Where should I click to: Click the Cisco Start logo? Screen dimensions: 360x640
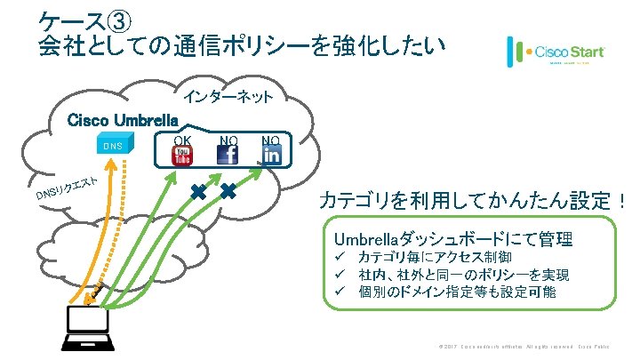click(556, 53)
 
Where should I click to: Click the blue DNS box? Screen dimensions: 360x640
click(113, 145)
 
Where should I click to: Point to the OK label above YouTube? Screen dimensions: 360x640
click(182, 139)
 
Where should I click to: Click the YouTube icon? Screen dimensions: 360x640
click(182, 156)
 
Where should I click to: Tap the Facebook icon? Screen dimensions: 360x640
click(228, 156)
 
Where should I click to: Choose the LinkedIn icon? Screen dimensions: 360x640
click(270, 156)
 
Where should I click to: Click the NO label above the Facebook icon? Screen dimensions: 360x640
click(228, 139)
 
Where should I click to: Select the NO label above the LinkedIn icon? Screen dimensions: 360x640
click(270, 139)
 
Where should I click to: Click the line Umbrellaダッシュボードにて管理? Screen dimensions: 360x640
click(453, 239)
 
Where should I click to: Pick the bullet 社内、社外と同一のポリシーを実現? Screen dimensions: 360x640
click(462, 275)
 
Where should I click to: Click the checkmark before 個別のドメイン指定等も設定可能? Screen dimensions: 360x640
click(340, 292)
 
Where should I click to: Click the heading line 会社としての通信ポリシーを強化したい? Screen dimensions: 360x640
click(241, 44)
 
